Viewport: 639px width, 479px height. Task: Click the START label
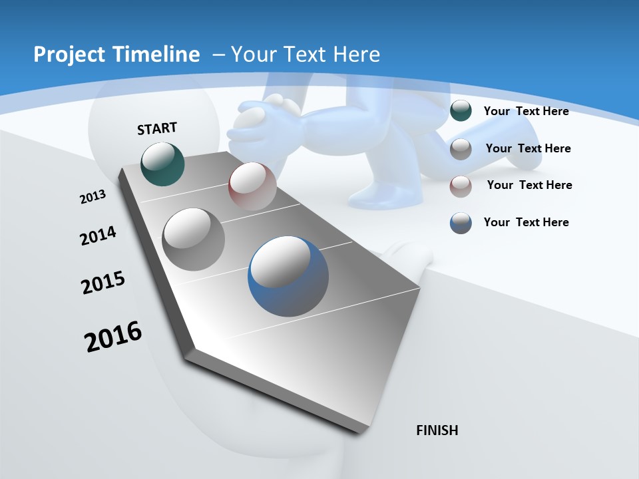click(x=157, y=128)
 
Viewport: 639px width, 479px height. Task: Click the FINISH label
click(x=437, y=430)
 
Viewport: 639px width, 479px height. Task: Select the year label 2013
click(x=93, y=197)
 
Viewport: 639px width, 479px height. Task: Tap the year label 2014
click(x=98, y=236)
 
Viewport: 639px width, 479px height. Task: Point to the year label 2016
click(x=113, y=336)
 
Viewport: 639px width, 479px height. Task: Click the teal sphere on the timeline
click(x=162, y=164)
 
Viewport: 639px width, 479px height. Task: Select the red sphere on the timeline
click(x=252, y=186)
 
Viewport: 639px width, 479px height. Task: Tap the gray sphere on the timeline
click(x=194, y=239)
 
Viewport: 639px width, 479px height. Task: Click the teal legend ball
click(x=461, y=111)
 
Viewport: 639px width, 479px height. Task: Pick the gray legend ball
click(x=461, y=149)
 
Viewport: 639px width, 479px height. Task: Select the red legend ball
click(x=461, y=186)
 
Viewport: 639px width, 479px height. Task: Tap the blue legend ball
click(x=461, y=224)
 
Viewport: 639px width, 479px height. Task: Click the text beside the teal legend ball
click(x=526, y=111)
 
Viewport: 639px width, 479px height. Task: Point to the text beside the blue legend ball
click(x=526, y=222)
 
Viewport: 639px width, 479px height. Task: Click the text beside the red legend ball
click(x=529, y=185)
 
